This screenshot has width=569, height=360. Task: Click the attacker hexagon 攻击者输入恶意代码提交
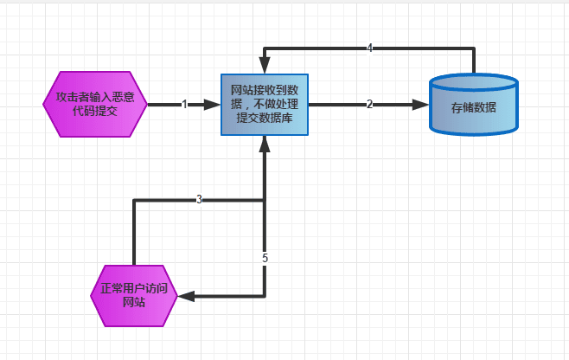pos(95,105)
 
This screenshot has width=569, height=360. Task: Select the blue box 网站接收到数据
pos(264,105)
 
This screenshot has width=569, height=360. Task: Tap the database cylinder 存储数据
pos(473,106)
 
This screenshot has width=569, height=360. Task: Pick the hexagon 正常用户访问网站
pos(134,296)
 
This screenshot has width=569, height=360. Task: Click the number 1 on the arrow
pos(184,105)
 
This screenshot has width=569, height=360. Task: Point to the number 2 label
pos(369,105)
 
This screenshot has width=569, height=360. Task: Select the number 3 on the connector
pos(199,200)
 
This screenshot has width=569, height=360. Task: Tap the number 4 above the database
pos(369,48)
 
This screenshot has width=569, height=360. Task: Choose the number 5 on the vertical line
pos(265,258)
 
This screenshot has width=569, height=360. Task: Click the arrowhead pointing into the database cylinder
pos(421,105)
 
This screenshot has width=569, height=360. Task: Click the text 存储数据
pos(473,108)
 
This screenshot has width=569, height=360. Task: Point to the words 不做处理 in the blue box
pos(278,105)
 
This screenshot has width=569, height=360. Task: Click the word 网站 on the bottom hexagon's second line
pos(134,304)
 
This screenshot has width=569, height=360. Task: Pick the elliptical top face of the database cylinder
pos(473,83)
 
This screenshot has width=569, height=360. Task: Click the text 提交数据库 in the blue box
pos(264,119)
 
